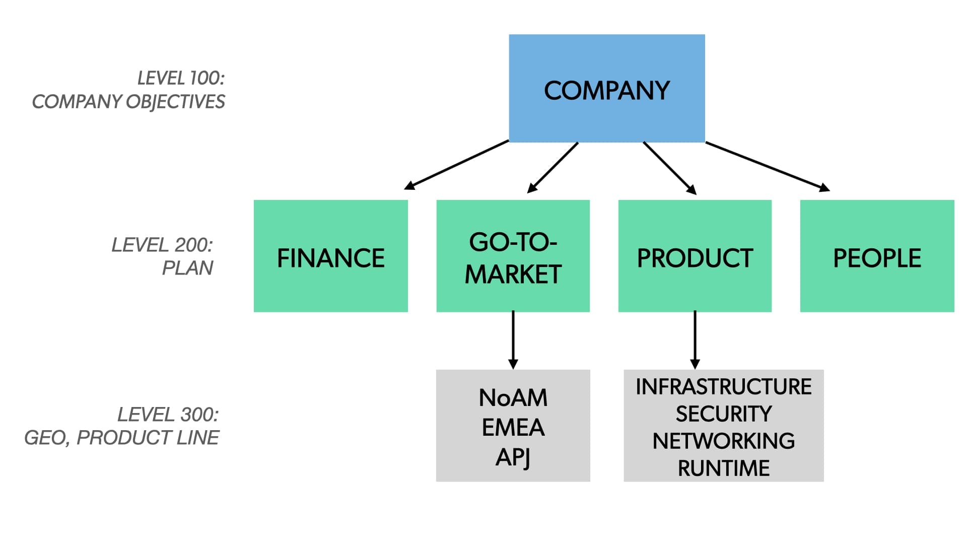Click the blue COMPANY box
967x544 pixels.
click(x=606, y=88)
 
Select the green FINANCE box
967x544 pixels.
click(x=330, y=256)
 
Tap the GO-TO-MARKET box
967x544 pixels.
click(x=513, y=256)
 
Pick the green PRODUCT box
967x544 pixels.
click(x=695, y=256)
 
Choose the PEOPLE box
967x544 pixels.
click(x=877, y=256)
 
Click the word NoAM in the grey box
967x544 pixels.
click(x=513, y=398)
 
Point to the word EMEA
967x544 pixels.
click(x=513, y=428)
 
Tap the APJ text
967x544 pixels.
click(x=513, y=457)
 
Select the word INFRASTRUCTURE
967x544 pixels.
click(x=723, y=387)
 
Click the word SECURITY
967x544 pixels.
click(x=723, y=414)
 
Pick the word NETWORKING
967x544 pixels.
click(x=723, y=441)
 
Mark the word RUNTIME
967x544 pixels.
click(x=723, y=468)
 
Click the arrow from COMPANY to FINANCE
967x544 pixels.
click(x=456, y=165)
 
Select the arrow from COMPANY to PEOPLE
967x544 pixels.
click(x=768, y=167)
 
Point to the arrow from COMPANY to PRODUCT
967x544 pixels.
click(x=669, y=168)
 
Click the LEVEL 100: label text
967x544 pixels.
click(x=181, y=78)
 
